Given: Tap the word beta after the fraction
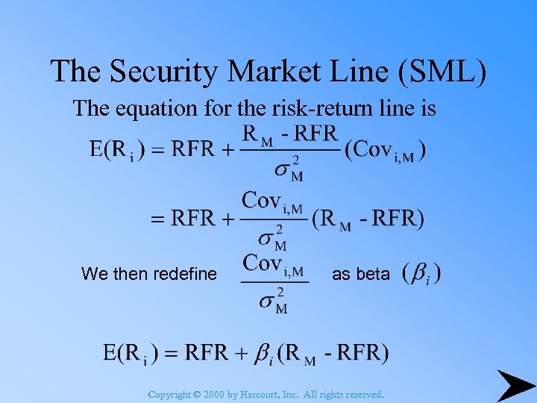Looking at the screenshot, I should click(373, 274).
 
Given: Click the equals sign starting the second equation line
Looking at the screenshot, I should click(158, 219).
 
